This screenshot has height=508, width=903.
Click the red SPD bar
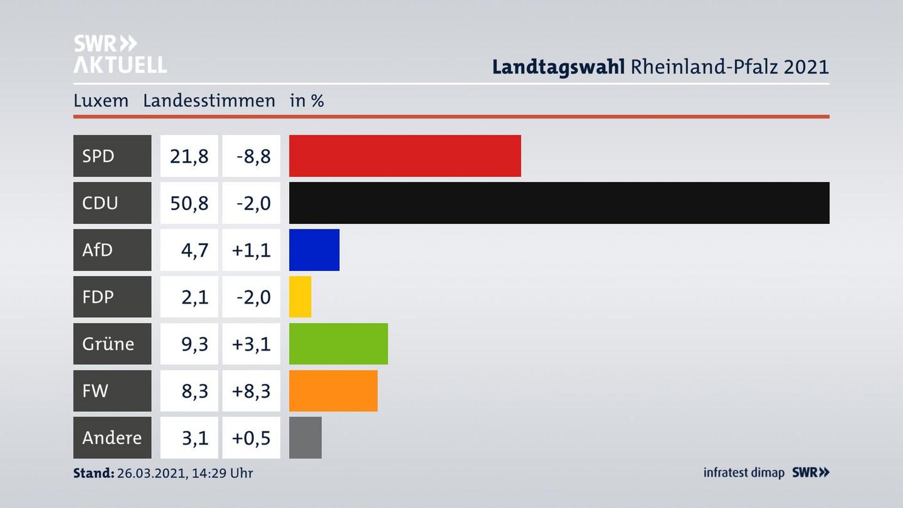pyautogui.click(x=404, y=156)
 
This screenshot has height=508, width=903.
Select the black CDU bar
pyautogui.click(x=559, y=203)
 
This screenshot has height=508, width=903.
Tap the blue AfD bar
pyautogui.click(x=314, y=250)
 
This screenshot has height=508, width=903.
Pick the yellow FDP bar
pyautogui.click(x=300, y=297)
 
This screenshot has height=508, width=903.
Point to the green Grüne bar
pyautogui.click(x=338, y=344)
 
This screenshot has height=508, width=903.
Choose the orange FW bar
pyautogui.click(x=333, y=391)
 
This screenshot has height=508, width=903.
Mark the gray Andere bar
pyautogui.click(x=305, y=438)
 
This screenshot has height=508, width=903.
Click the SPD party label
pyautogui.click(x=98, y=156)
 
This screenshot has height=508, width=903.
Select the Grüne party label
pyautogui.click(x=108, y=344)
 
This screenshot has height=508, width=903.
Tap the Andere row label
pyautogui.click(x=112, y=438)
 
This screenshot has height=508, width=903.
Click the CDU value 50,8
pyautogui.click(x=189, y=203)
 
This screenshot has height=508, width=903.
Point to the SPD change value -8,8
pyautogui.click(x=253, y=156)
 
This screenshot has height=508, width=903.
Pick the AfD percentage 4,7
pyautogui.click(x=194, y=250)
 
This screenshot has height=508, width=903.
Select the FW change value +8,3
pyautogui.click(x=251, y=391)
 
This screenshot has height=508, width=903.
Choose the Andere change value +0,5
pyautogui.click(x=251, y=438)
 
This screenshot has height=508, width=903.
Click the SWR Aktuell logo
pyautogui.click(x=120, y=54)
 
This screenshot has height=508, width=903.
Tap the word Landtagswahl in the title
pyautogui.click(x=558, y=66)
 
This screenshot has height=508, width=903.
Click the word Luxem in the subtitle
pyautogui.click(x=100, y=100)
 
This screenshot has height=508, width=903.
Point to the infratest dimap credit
pyautogui.click(x=744, y=473)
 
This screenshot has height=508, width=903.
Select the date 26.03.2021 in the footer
pyautogui.click(x=150, y=473)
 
